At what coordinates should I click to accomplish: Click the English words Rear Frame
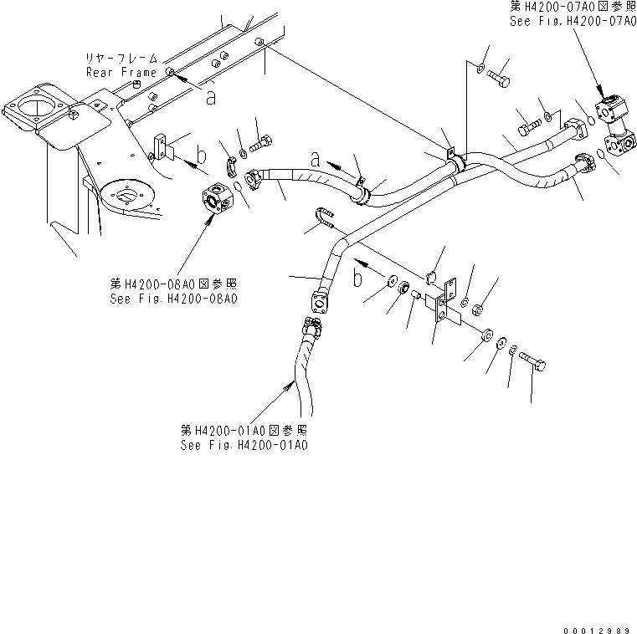[x=121, y=72]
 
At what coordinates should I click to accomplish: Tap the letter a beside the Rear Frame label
[x=211, y=97]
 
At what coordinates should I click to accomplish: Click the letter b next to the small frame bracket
[x=201, y=154]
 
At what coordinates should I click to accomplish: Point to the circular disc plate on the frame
[x=126, y=197]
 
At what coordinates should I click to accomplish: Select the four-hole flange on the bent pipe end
[x=319, y=299]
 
